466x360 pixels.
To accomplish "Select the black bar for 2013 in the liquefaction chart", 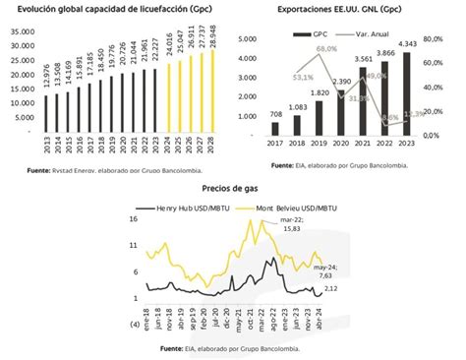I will [46, 117].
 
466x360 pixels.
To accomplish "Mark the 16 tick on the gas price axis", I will [133, 220].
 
